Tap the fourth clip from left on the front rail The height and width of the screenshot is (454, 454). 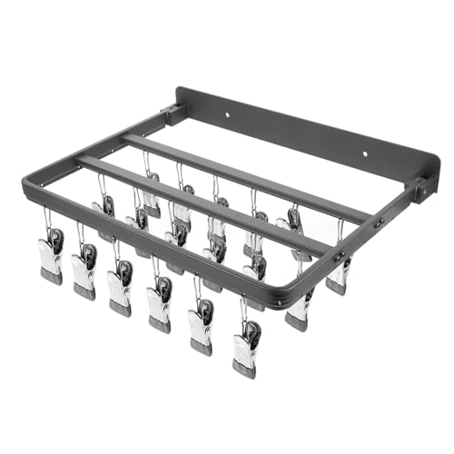coord(158,305)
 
